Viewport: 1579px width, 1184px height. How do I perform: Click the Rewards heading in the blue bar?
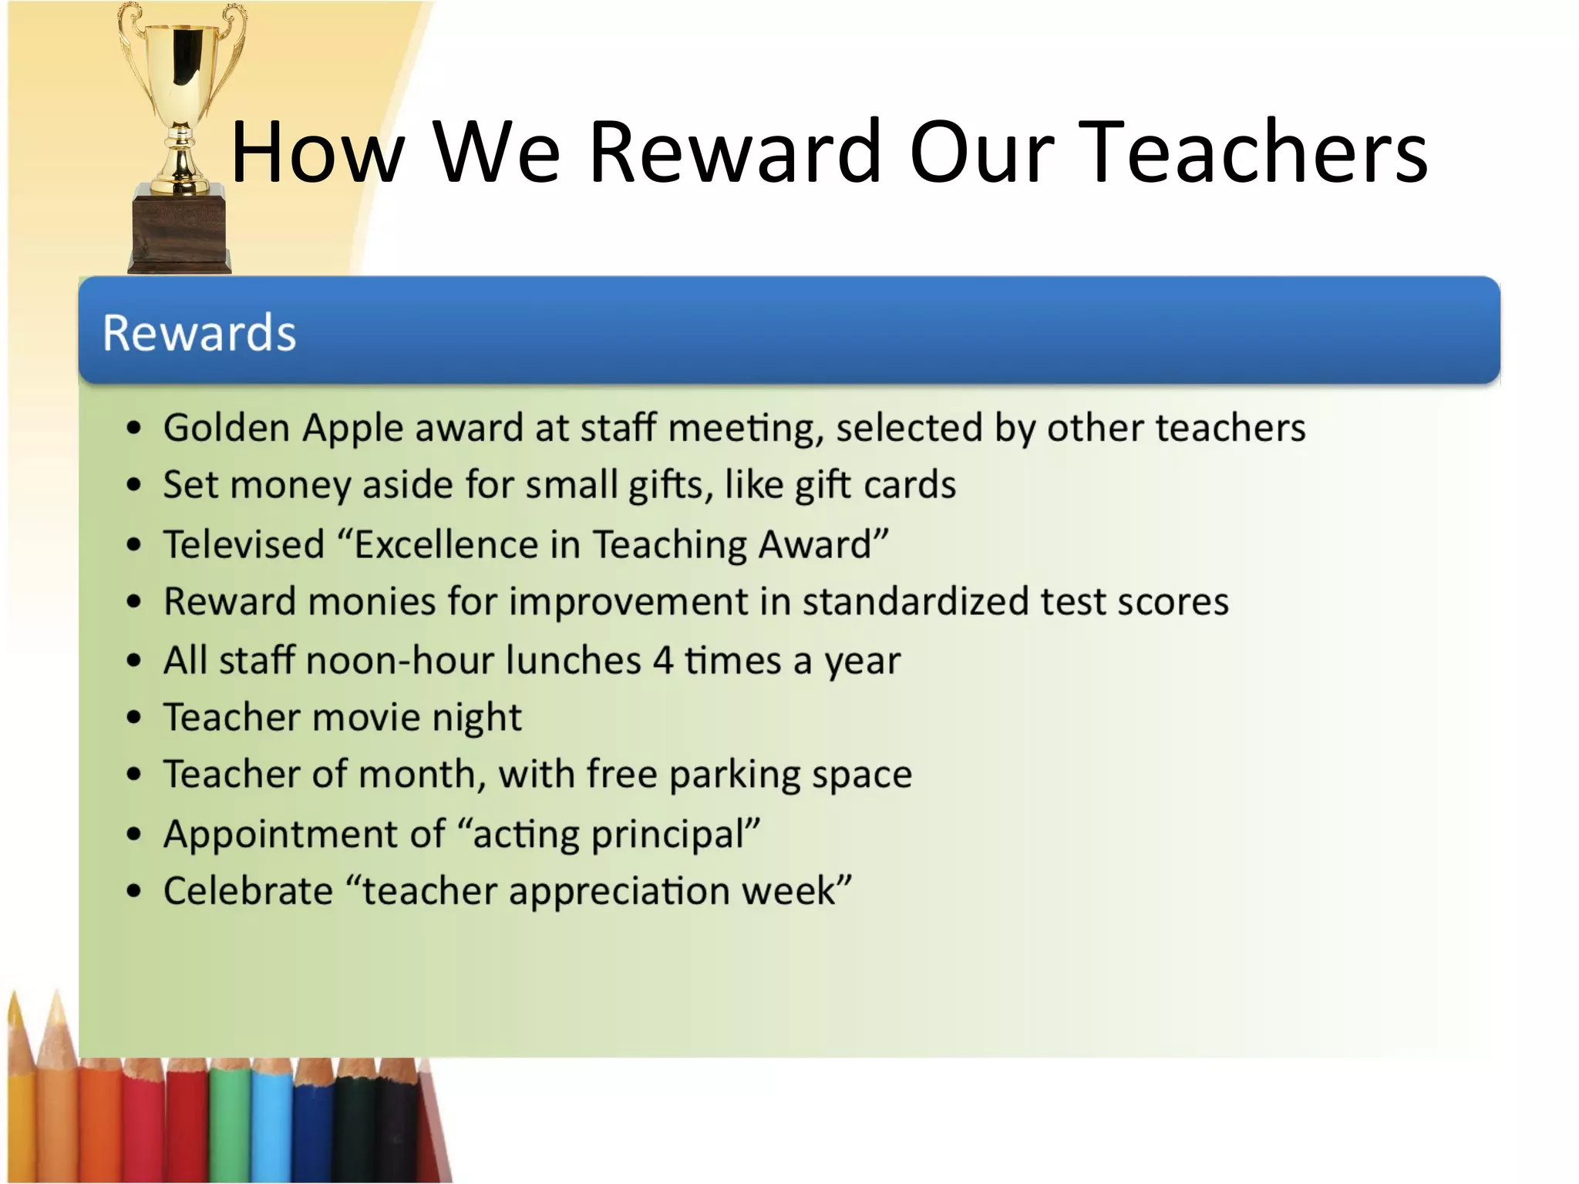click(x=199, y=333)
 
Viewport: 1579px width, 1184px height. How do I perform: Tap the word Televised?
click(x=244, y=544)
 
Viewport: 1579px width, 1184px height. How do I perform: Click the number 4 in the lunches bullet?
click(x=663, y=661)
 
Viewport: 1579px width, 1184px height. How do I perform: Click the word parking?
click(x=735, y=775)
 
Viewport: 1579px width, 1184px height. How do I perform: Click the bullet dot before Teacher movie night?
click(x=134, y=718)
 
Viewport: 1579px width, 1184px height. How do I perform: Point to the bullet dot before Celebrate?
click(x=134, y=892)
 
